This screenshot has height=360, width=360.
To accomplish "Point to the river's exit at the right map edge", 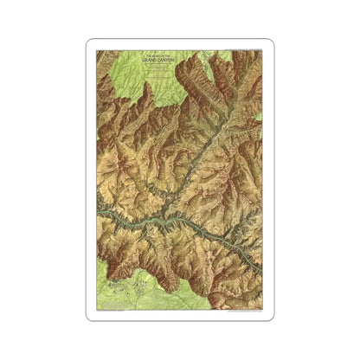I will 261,270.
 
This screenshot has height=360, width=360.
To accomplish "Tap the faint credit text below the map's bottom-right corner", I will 238,312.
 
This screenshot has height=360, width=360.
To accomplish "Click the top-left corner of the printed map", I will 97,50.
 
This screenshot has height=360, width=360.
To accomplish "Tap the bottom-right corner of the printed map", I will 262,309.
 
